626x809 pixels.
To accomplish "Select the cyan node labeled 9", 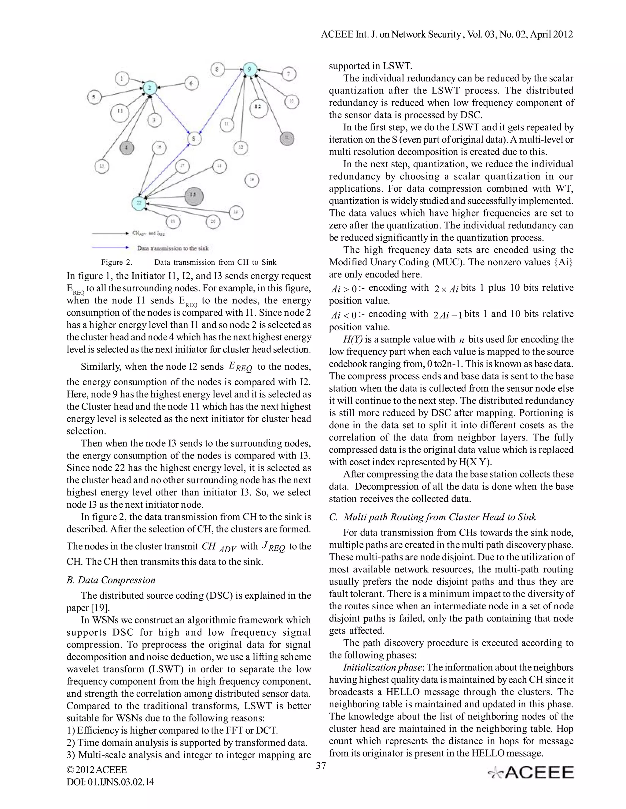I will click(x=250, y=69).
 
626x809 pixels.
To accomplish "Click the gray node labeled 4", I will click(x=127, y=147).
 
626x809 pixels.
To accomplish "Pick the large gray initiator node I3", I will click(x=193, y=195).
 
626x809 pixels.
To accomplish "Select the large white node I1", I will click(x=120, y=111).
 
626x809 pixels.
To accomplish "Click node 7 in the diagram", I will click(x=289, y=74).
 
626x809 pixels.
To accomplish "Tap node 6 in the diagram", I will click(x=191, y=83).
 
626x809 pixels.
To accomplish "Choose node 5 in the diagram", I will click(x=94, y=97).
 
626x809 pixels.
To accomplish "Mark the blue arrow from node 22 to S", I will click(x=165, y=173).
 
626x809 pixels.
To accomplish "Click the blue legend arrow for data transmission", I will click(x=110, y=248).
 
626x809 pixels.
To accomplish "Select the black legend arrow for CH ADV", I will click(x=110, y=233).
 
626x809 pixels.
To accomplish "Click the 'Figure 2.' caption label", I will click(x=116, y=262).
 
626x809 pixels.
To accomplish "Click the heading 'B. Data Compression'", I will click(x=111, y=580).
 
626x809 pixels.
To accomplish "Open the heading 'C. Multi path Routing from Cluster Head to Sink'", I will click(x=433, y=517).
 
